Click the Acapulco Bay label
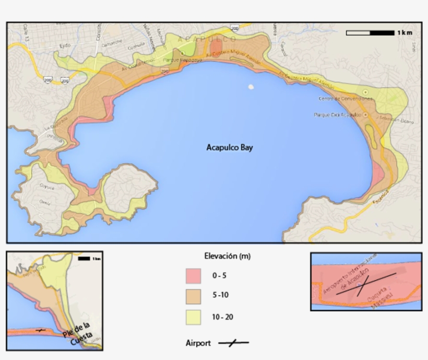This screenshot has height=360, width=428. [230, 148]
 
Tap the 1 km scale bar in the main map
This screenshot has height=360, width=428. [370, 33]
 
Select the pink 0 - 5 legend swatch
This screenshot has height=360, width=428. [193, 276]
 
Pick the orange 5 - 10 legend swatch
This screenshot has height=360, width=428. [193, 296]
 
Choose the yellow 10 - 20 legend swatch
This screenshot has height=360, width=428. [193, 317]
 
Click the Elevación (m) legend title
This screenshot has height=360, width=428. [227, 256]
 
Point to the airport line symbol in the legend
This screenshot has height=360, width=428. [233, 343]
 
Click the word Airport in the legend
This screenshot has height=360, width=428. [198, 343]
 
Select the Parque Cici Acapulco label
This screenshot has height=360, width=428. [337, 115]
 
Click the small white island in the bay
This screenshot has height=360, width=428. [251, 87]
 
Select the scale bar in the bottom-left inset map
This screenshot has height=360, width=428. [84, 259]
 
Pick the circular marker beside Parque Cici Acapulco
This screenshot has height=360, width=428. [365, 115]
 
